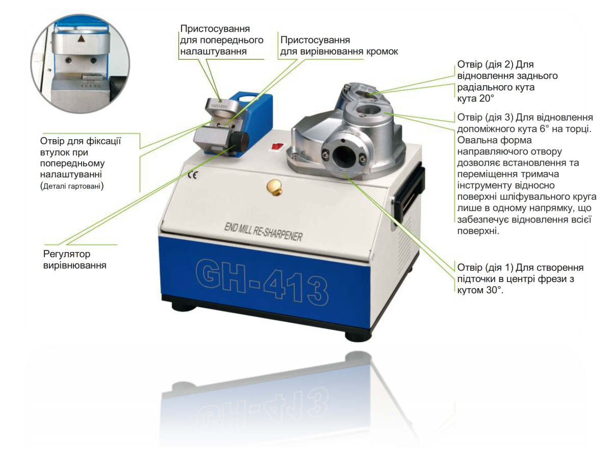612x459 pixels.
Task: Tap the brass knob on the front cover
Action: [x=274, y=187]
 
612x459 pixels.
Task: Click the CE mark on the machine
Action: [x=192, y=175]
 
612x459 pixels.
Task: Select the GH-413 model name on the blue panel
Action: [x=262, y=282]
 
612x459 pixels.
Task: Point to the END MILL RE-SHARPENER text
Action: [x=263, y=233]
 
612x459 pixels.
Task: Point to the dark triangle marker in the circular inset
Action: [x=81, y=38]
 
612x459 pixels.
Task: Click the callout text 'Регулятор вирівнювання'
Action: [x=75, y=260]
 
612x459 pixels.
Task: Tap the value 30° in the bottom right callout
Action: [x=495, y=290]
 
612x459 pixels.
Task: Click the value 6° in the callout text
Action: [x=544, y=129]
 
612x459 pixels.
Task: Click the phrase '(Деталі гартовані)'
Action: [x=72, y=186]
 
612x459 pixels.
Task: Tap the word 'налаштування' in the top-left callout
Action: [x=214, y=52]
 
